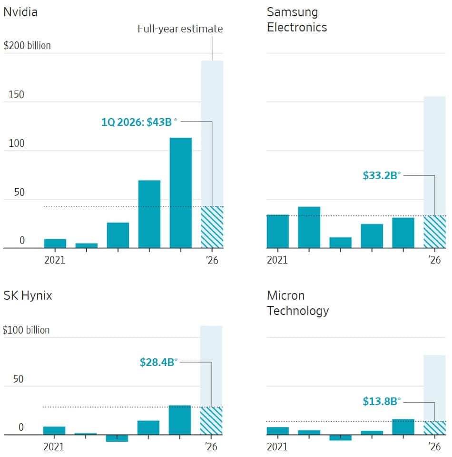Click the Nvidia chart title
point(20,12)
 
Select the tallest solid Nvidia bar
point(181,193)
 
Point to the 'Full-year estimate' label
point(180,29)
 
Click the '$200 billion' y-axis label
point(27,45)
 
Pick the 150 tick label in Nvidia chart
point(16,95)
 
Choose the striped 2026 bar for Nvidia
point(212,227)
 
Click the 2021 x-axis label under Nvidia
point(55,260)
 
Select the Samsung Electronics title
point(297,20)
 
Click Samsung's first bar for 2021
point(278,232)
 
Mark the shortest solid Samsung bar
point(341,243)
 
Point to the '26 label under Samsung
point(434,260)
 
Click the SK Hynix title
point(28,295)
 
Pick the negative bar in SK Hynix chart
point(117,438)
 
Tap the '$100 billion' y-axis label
point(26,330)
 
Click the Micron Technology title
point(298,303)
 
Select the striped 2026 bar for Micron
point(434,428)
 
